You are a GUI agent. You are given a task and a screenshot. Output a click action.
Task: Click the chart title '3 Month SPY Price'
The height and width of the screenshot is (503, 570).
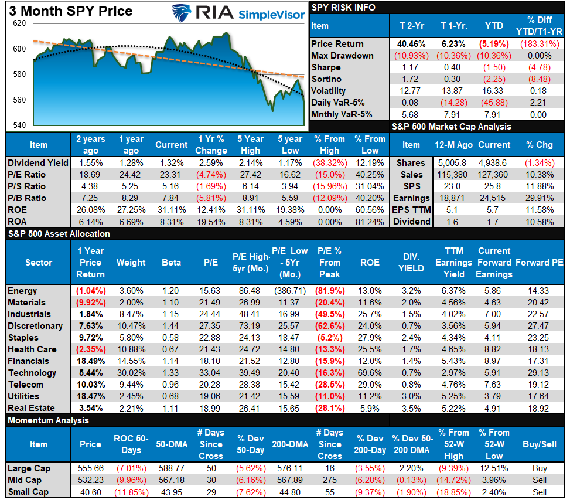click(x=68, y=11)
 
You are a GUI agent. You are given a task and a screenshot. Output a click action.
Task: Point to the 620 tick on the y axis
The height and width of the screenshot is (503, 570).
click(x=19, y=23)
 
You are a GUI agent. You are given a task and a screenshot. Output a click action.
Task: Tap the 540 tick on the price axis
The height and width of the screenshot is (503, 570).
click(x=19, y=125)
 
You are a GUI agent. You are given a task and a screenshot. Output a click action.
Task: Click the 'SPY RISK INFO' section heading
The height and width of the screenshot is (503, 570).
click(x=343, y=8)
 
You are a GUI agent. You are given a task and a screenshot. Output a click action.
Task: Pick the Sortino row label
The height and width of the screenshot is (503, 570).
click(x=326, y=79)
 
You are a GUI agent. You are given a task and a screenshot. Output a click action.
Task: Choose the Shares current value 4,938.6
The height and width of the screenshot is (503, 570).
click(x=494, y=163)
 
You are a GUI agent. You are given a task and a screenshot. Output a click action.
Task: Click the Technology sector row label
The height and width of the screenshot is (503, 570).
click(x=32, y=373)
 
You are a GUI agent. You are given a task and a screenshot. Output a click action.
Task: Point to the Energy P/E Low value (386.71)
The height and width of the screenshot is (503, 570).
click(x=289, y=291)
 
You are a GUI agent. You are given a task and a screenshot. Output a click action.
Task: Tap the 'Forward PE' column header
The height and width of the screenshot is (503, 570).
click(x=539, y=263)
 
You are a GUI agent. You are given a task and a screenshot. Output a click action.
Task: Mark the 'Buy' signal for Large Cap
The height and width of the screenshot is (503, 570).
click(x=540, y=468)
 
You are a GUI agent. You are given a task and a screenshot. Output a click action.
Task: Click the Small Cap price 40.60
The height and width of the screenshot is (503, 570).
click(x=90, y=492)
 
